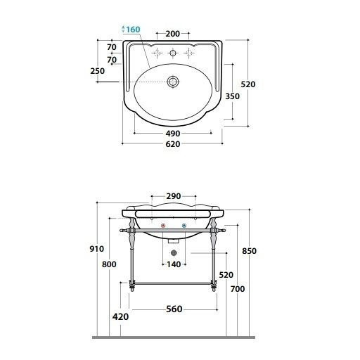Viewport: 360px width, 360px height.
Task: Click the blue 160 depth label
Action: click(x=133, y=30)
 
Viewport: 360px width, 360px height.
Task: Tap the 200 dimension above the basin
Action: click(x=173, y=34)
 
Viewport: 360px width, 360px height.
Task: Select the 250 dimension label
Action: click(x=98, y=71)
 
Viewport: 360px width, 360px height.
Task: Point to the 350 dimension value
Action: click(x=232, y=96)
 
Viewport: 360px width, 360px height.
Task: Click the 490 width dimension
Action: click(x=173, y=134)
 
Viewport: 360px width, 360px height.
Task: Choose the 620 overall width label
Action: click(x=173, y=144)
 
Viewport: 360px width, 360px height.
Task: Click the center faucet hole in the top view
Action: click(x=173, y=53)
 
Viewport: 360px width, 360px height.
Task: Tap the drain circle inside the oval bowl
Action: click(x=173, y=82)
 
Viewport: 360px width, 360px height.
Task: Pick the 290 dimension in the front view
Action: click(x=174, y=196)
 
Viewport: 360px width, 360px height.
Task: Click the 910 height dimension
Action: click(x=97, y=249)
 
